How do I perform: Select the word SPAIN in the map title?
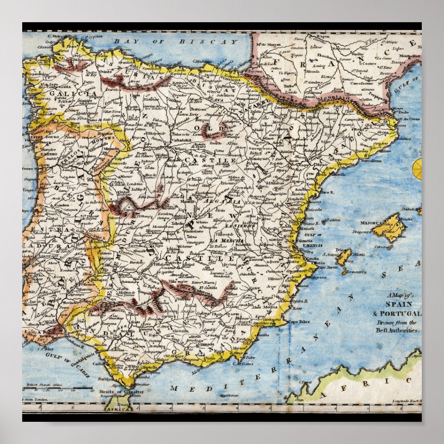(x=398, y=304)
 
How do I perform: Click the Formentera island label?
(x=356, y=272)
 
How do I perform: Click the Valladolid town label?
(x=181, y=139)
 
